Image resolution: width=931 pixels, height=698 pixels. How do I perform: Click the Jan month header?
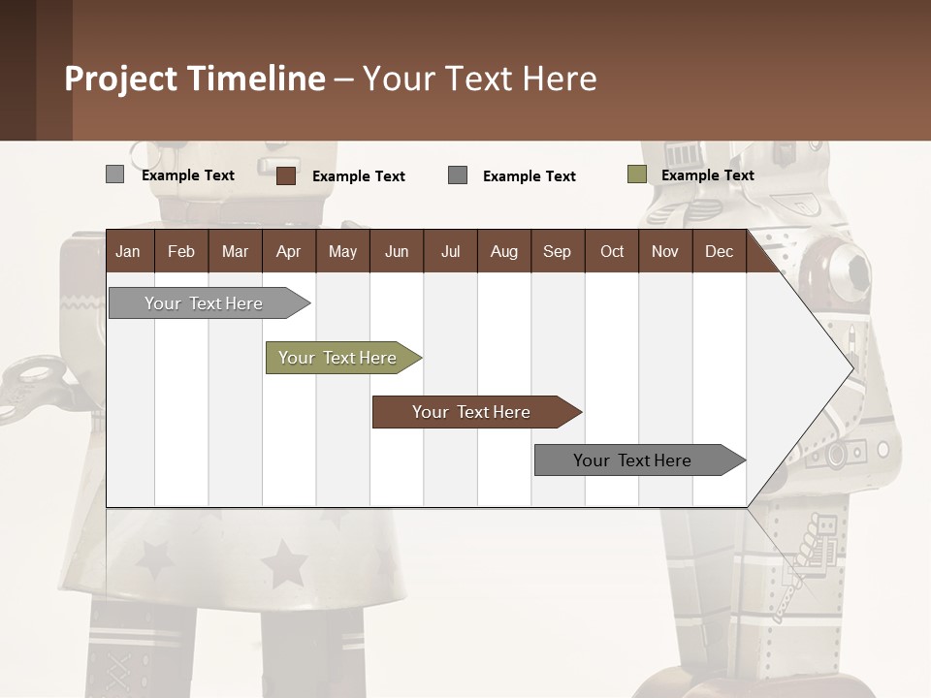(128, 251)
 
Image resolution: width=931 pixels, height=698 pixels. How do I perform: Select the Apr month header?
(288, 251)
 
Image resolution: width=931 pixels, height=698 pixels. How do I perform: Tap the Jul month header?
(450, 251)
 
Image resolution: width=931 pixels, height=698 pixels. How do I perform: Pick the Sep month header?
(557, 251)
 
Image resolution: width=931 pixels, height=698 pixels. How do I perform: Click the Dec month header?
(719, 251)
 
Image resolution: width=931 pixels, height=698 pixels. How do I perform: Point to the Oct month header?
(612, 251)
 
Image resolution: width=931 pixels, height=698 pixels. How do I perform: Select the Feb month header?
(181, 251)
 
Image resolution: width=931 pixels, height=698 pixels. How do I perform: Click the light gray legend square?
(114, 174)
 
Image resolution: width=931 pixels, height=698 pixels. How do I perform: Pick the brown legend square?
(285, 175)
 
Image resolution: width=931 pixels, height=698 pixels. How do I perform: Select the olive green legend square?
(636, 174)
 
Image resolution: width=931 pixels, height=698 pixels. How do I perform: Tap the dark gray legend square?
(458, 174)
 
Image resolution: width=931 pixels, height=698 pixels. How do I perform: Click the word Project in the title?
(120, 79)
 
